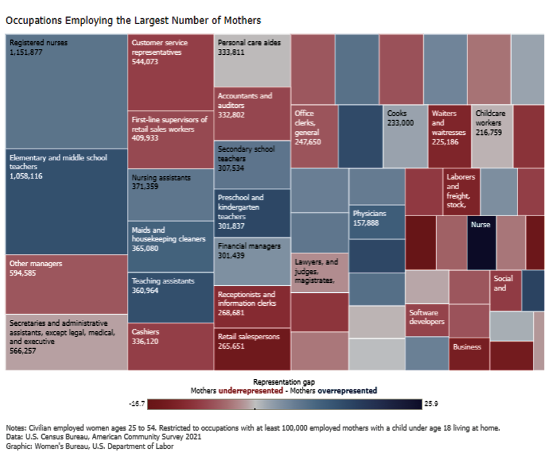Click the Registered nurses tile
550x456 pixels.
point(66,91)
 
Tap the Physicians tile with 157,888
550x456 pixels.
point(377,222)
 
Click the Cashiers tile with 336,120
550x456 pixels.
point(170,346)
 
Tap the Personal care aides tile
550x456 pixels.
point(252,61)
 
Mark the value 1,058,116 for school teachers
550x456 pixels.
point(27,176)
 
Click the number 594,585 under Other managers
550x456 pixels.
point(24,273)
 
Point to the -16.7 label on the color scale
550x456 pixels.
point(136,404)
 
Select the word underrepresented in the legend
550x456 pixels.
point(248,391)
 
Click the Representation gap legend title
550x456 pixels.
point(283,382)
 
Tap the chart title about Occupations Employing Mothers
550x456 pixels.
point(133,20)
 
